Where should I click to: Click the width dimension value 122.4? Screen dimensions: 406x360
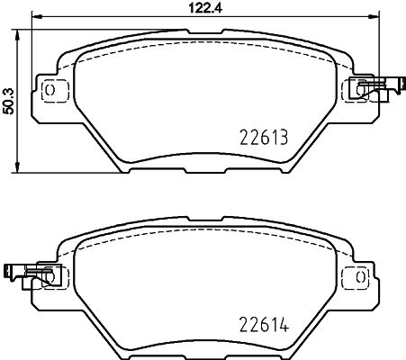(x=205, y=7)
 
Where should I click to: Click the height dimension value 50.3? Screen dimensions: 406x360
(x=9, y=101)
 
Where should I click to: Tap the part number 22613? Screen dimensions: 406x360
(x=264, y=138)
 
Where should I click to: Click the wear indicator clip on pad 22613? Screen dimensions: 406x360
(x=376, y=88)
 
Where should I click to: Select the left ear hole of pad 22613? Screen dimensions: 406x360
(x=50, y=89)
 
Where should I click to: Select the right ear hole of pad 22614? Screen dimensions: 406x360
(x=360, y=276)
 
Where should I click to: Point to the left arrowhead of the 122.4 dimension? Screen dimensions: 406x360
(x=37, y=16)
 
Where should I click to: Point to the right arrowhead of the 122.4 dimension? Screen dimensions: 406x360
(x=374, y=16)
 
